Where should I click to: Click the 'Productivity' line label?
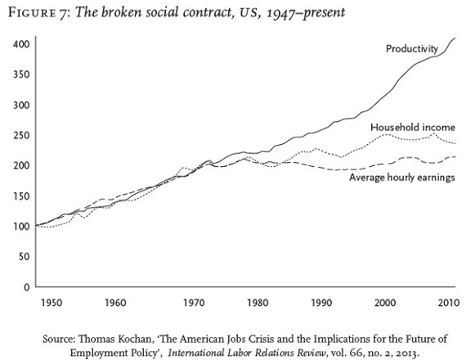pyautogui.click(x=413, y=50)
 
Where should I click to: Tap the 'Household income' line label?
pyautogui.click(x=413, y=128)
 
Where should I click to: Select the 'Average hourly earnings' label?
pyautogui.click(x=401, y=177)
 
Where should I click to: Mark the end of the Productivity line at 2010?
pyautogui.click(x=456, y=38)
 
